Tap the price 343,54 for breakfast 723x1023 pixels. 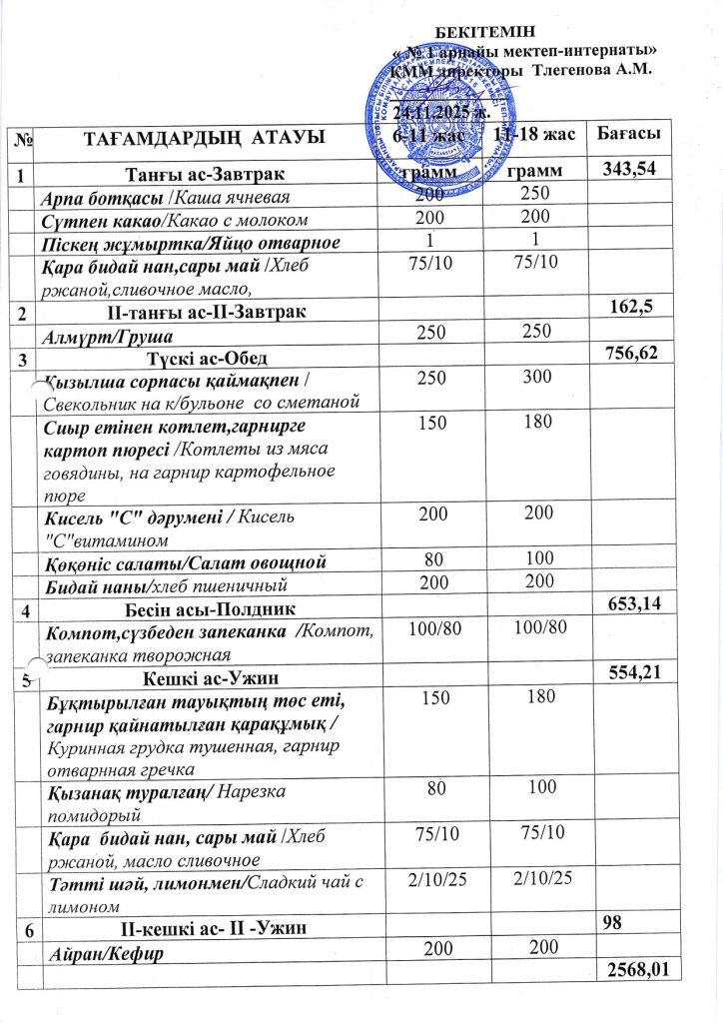[631, 170]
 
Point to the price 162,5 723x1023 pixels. [639, 309]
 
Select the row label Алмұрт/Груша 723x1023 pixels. [98, 334]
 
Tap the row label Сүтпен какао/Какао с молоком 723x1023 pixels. [174, 219]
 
